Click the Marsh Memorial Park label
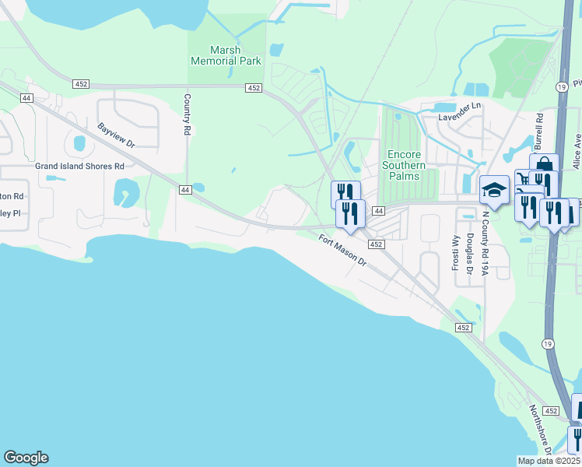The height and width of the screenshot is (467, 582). [x=226, y=55]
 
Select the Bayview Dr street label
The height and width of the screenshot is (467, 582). [x=117, y=135]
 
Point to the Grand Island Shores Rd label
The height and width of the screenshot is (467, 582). [x=79, y=166]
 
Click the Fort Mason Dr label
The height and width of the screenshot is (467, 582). [x=342, y=251]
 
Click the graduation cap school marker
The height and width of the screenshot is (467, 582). [x=494, y=189]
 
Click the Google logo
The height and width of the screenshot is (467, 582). [x=26, y=458]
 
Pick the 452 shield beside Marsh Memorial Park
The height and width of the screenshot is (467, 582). [x=254, y=88]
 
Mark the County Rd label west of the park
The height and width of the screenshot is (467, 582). [x=188, y=115]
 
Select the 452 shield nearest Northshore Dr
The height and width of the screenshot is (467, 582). [x=551, y=410]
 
